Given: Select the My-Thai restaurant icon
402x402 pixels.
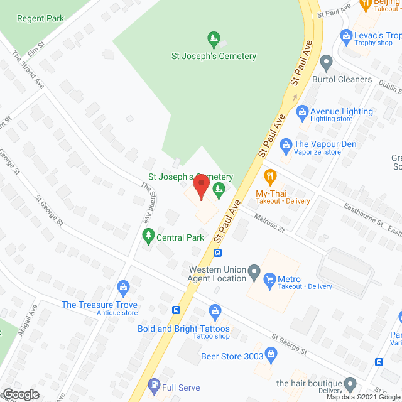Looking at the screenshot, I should [270, 175].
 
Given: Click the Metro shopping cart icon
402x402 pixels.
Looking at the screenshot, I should [270, 278].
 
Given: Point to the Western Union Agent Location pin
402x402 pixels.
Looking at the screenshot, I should [254, 273].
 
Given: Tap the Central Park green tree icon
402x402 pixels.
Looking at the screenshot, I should [149, 237].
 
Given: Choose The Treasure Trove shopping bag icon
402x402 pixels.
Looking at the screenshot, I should [123, 289].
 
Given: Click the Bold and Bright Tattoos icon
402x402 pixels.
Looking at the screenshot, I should [215, 311].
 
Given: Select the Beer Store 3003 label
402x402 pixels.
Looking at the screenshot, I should [232, 356].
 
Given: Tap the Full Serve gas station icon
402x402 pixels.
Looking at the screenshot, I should [153, 384].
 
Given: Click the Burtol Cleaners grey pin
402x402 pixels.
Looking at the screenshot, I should [325, 62].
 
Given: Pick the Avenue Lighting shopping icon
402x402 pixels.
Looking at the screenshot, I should [301, 111].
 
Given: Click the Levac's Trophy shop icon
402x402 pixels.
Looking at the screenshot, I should [345, 35].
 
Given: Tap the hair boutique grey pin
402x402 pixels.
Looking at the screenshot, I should [351, 383].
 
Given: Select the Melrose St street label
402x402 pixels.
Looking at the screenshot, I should [271, 224].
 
